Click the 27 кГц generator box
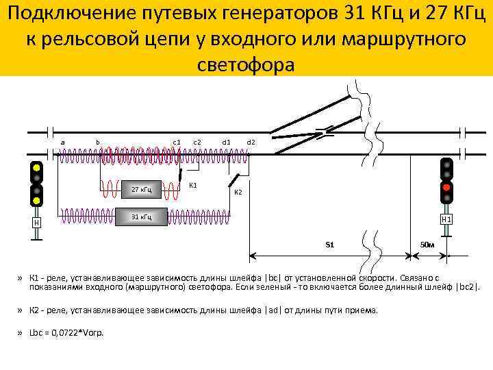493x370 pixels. pyautogui.click(x=142, y=189)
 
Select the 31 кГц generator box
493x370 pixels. pyautogui.click(x=142, y=217)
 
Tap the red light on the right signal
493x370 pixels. pyautogui.click(x=446, y=187)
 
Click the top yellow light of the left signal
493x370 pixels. pyautogui.click(x=36, y=168)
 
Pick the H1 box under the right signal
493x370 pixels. pyautogui.click(x=446, y=219)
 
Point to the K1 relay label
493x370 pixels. pyautogui.click(x=193, y=185)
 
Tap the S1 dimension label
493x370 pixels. pyautogui.click(x=329, y=244)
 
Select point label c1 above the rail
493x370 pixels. pyautogui.click(x=176, y=142)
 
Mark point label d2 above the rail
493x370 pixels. pyautogui.click(x=251, y=142)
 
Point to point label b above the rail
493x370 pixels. pyautogui.click(x=98, y=142)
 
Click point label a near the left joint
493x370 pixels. pyautogui.click(x=63, y=142)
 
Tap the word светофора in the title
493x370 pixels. pyautogui.click(x=246, y=65)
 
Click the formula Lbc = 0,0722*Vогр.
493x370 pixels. pyautogui.click(x=67, y=333)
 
